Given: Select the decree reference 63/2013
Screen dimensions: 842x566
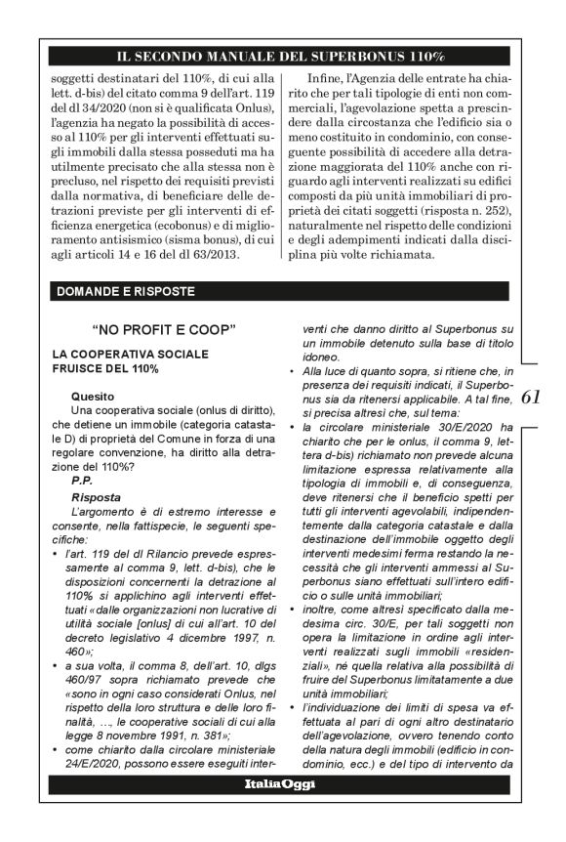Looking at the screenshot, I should [230, 255].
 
